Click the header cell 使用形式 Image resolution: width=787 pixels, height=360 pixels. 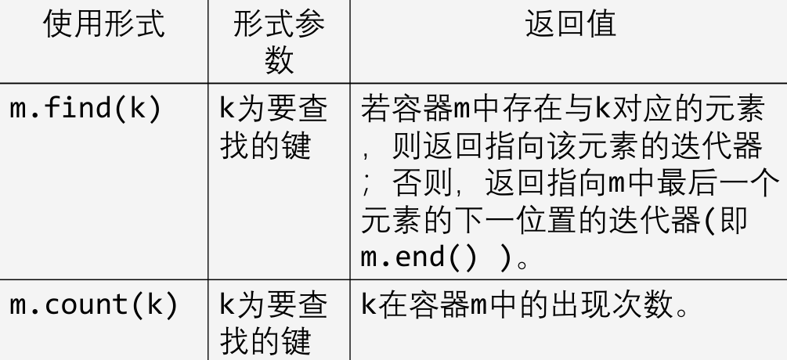coord(104,27)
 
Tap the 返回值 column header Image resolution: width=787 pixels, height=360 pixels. coord(569,27)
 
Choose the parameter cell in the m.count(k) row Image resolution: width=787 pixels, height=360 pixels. coord(272,323)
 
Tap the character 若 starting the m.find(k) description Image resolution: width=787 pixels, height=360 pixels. coord(375,110)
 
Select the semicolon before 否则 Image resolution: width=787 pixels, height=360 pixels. coord(368,188)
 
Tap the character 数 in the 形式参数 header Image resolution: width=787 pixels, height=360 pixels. coord(279,59)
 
